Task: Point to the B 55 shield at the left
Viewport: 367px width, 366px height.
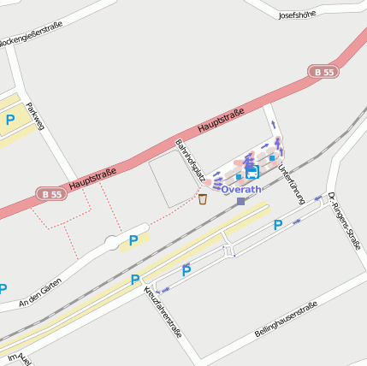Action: point(50,194)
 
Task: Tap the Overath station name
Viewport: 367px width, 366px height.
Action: point(242,189)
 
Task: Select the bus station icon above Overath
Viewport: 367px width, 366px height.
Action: point(252,173)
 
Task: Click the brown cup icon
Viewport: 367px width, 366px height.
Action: point(203,199)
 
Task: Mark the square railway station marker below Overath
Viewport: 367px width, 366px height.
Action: point(241,202)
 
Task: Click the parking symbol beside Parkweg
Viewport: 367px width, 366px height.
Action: point(10,121)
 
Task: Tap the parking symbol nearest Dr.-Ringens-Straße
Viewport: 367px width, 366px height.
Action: point(277,226)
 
